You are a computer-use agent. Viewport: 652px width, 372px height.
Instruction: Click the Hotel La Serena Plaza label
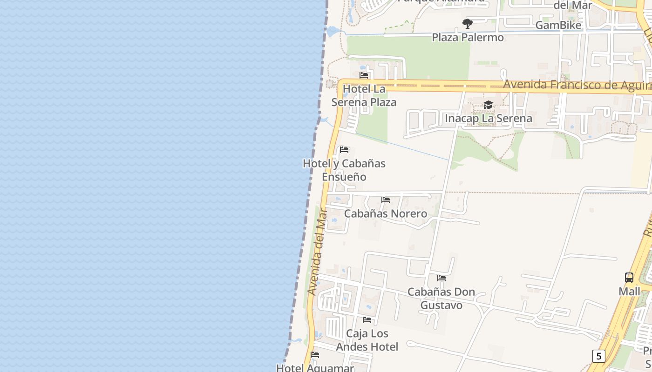pos(369,95)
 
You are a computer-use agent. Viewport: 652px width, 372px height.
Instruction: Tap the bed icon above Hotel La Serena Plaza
pos(364,75)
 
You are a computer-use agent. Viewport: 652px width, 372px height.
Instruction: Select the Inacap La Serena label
pos(488,118)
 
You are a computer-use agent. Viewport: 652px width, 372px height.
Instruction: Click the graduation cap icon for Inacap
pos(488,105)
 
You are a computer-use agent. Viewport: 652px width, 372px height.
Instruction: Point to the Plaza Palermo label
pos(468,37)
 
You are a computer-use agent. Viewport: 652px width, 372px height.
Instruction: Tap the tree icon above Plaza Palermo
pos(468,24)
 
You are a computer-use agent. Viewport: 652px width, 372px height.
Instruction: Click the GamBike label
pos(558,25)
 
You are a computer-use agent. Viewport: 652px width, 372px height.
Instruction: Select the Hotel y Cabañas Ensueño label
pos(344,170)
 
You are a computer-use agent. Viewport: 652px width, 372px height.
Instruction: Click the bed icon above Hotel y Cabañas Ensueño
pos(344,150)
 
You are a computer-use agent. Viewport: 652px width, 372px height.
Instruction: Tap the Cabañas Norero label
pos(385,213)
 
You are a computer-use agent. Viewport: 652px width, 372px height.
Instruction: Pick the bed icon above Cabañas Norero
pos(386,200)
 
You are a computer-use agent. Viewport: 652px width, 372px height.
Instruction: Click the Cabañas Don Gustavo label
pos(441,299)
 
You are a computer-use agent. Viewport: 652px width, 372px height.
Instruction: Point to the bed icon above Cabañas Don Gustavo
pos(441,278)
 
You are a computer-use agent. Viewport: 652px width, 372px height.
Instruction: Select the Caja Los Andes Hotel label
pos(367,340)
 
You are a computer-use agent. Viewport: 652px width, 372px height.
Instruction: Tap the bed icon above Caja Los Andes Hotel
pos(367,320)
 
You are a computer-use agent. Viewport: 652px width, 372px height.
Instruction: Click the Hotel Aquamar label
pos(315,368)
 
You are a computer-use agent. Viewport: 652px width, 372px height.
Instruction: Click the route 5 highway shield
pos(598,356)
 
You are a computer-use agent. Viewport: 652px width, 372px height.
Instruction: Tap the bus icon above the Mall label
pos(629,278)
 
